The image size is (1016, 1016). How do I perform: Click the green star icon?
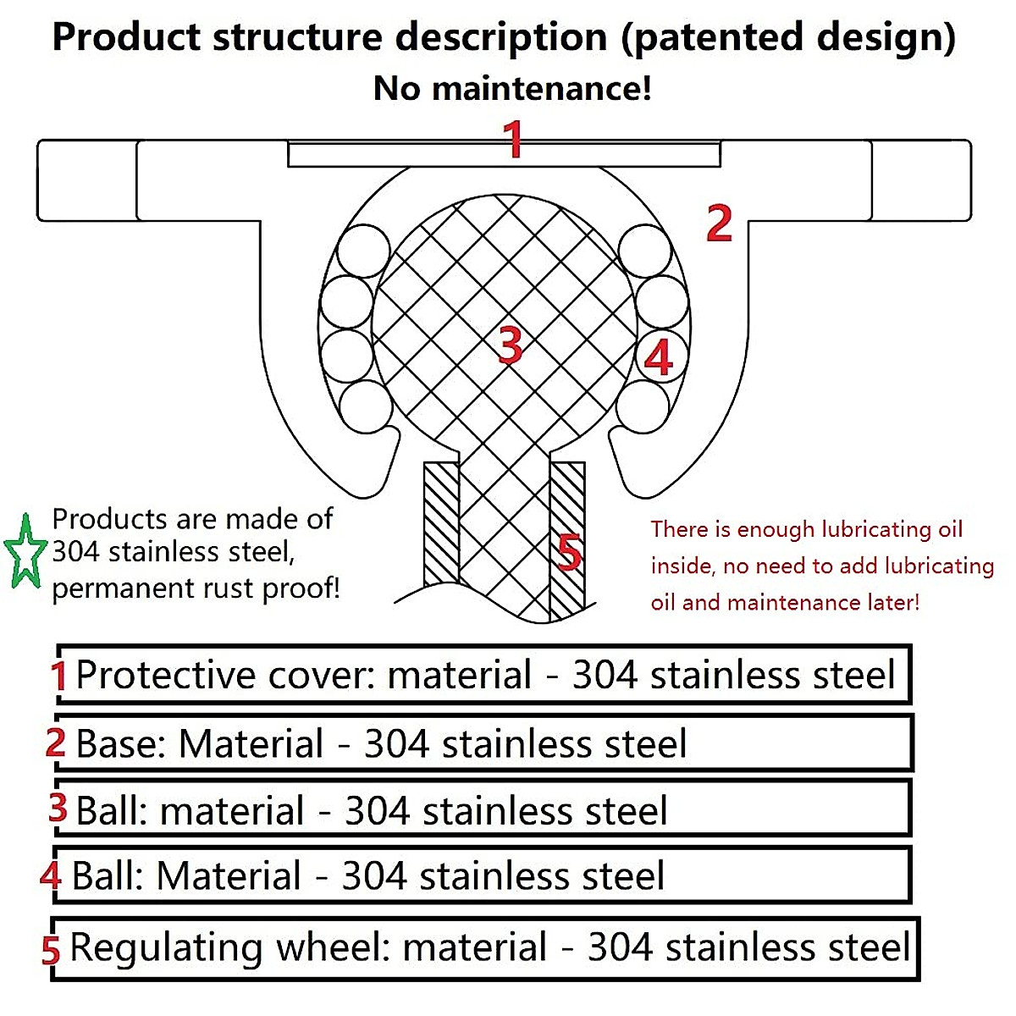pos(25,551)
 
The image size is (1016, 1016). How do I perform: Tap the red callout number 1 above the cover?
pos(513,139)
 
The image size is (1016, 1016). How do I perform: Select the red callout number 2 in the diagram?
pos(719,223)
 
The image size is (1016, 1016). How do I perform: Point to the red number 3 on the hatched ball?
pos(510,345)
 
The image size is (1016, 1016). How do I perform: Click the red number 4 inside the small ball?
pos(659,357)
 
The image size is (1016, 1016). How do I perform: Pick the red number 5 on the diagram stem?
pos(570,552)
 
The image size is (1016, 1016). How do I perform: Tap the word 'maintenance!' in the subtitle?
pos(542,88)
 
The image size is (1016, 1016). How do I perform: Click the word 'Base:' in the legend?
pos(121,743)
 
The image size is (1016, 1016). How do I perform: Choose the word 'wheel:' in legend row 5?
pos(334,947)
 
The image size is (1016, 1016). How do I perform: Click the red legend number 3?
pos(58,808)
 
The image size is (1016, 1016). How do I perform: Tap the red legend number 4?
pos(51,875)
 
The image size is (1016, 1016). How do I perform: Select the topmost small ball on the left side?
pos(363,251)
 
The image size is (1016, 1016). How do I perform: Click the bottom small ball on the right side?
pos(643,406)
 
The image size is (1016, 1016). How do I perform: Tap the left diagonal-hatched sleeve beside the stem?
pos(441,523)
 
